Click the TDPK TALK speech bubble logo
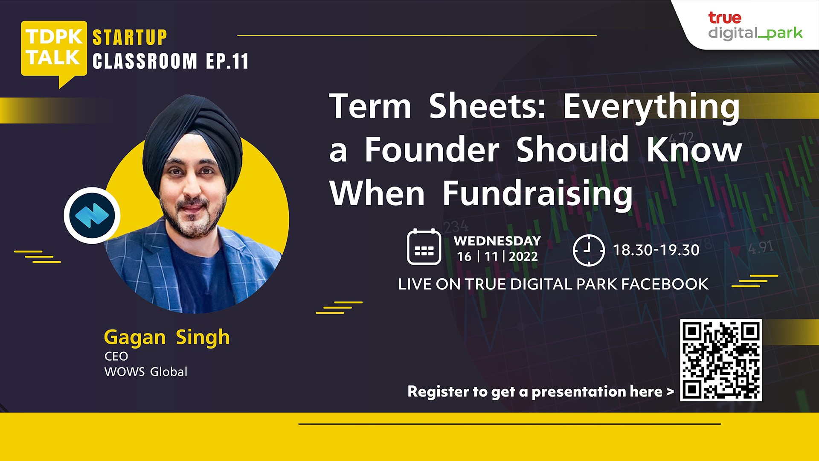(x=54, y=51)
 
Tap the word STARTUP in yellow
(x=130, y=38)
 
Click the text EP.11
(x=227, y=61)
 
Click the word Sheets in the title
(x=488, y=106)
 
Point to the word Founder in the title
(x=432, y=150)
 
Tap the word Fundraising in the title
(x=537, y=194)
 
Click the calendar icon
(x=424, y=247)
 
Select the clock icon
(x=589, y=250)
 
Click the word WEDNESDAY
(x=497, y=241)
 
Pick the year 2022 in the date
(x=523, y=257)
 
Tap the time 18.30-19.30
(x=656, y=250)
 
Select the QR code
(x=721, y=360)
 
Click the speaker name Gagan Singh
(x=167, y=338)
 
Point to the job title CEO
(x=116, y=356)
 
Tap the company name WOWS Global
(x=146, y=372)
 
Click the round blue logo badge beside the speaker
(x=92, y=216)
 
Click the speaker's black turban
(x=192, y=137)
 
